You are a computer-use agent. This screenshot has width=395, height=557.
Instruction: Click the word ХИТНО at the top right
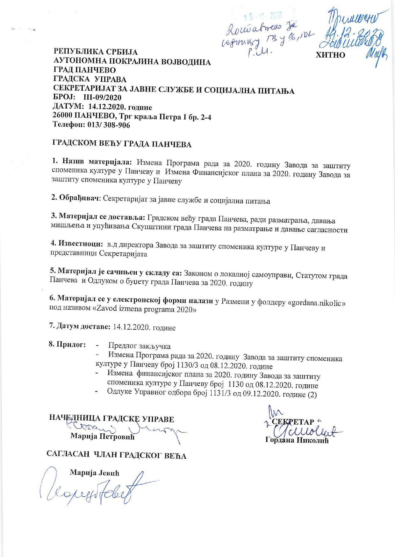coord(330,55)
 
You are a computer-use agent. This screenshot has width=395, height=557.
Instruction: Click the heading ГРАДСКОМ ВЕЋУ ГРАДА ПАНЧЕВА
coord(122,144)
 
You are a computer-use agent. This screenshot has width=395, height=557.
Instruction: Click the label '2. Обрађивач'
coord(76,198)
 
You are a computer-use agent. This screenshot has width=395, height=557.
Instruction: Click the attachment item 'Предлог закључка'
coord(139,346)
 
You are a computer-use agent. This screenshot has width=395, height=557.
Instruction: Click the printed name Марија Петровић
coord(103,436)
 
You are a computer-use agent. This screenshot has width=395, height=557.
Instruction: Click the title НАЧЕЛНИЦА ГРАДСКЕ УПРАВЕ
coord(111,419)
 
